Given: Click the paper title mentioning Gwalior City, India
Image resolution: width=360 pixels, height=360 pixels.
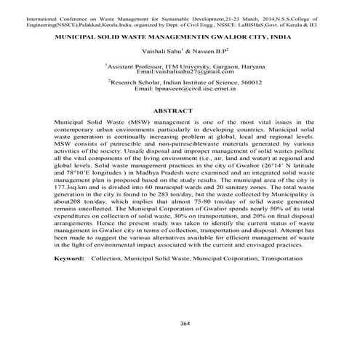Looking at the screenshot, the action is tap(179, 33).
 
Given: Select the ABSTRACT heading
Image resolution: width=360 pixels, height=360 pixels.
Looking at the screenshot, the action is tap(179, 110).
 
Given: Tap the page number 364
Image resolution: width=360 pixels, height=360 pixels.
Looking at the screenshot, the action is tap(179, 322).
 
